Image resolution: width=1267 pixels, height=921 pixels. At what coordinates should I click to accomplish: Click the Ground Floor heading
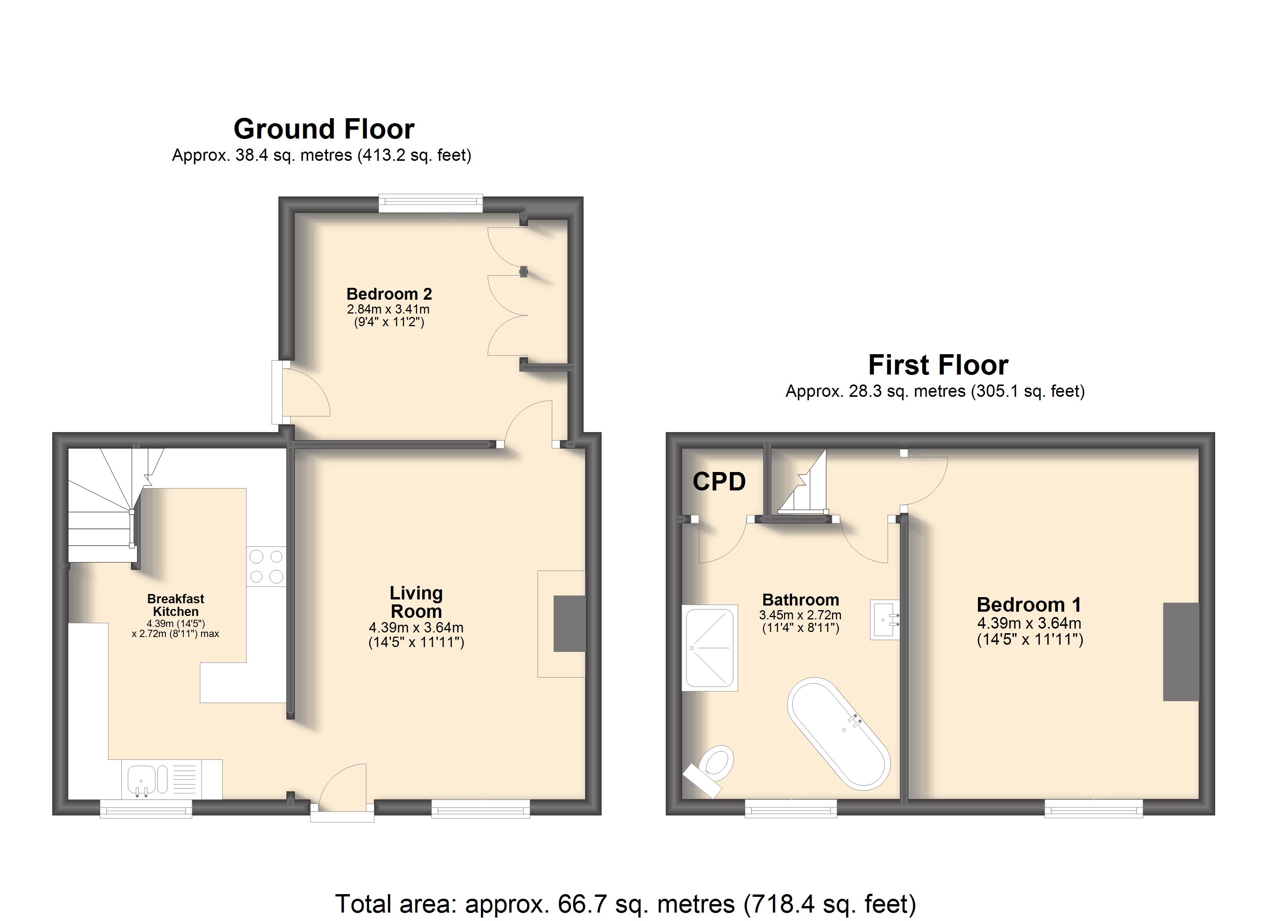point(324,129)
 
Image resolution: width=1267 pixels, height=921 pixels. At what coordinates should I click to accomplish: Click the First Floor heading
point(938,365)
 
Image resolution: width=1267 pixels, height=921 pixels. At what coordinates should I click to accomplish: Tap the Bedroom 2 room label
point(389,294)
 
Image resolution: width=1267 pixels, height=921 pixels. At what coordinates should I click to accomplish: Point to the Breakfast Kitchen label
point(175,605)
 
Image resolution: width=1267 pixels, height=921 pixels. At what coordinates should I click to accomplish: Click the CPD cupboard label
point(719,482)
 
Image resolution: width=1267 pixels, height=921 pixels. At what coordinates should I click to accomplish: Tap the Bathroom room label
point(801,600)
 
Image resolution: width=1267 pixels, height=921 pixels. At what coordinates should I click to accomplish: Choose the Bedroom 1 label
point(1029,604)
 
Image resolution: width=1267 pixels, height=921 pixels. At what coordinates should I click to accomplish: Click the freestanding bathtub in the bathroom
point(839,733)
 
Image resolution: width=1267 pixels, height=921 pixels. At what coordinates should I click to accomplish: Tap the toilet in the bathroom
point(711,770)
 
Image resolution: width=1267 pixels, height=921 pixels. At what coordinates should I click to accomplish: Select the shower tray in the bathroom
point(710,648)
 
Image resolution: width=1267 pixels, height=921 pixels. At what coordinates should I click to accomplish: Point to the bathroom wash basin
point(884,619)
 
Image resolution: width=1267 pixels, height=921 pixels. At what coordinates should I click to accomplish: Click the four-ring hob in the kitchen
point(266,566)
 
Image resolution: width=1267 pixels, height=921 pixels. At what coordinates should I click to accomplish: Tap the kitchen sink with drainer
point(172,779)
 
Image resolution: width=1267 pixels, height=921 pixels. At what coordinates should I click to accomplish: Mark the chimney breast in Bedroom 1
point(1181,652)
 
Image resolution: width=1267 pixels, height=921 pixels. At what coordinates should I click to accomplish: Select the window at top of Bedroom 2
point(431,203)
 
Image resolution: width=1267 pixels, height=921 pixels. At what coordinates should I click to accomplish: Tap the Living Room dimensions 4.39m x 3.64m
point(416,628)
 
